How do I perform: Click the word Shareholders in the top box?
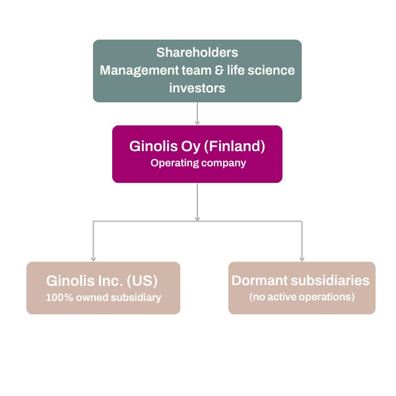tap(197, 52)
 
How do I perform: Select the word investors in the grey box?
tap(197, 87)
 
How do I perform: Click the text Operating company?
tap(197, 163)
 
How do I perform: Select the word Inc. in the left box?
tap(112, 280)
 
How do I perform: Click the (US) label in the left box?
tap(145, 280)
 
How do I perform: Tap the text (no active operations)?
tap(302, 297)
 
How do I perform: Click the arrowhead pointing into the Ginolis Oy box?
tap(197, 122)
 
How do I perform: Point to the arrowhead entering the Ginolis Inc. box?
tap(92, 258)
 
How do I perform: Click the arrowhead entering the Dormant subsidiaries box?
tap(302, 258)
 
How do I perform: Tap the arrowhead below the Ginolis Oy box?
tap(197, 217)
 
